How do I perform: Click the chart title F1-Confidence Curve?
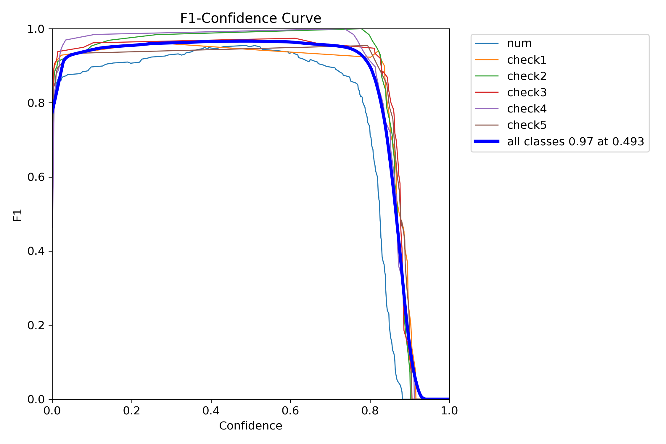click(x=250, y=18)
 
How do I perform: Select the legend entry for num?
click(x=519, y=44)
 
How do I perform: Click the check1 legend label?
click(x=527, y=60)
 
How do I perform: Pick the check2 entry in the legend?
click(x=527, y=76)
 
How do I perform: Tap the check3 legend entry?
click(x=527, y=92)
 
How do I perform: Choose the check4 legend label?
click(x=527, y=109)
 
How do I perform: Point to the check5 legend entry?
click(x=527, y=125)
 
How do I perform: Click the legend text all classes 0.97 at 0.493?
click(x=575, y=141)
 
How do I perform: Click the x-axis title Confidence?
click(x=250, y=426)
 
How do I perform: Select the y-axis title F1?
click(x=18, y=215)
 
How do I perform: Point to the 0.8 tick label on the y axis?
click(x=36, y=103)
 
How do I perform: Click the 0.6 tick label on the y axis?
click(x=36, y=177)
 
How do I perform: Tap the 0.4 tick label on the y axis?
click(x=36, y=251)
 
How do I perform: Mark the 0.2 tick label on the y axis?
click(x=36, y=325)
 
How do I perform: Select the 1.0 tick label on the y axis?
click(x=36, y=29)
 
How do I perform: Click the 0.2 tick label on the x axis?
click(x=132, y=411)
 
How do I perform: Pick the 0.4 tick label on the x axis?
click(x=211, y=411)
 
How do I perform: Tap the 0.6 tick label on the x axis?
click(x=290, y=411)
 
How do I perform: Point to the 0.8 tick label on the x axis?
click(x=370, y=411)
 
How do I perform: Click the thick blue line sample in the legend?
click(x=487, y=141)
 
